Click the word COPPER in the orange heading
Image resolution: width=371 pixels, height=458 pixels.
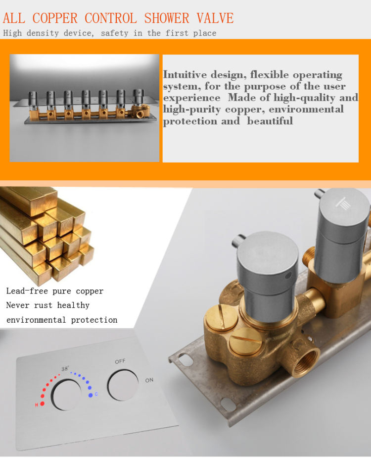coord(55,18)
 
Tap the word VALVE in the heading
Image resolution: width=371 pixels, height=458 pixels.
coord(215,18)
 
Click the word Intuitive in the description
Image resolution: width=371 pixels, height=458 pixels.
coord(185,74)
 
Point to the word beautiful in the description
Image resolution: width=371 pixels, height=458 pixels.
coord(270,120)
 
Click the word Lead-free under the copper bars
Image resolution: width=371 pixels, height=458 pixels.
coord(27,291)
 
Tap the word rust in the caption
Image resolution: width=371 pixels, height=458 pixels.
coord(43,305)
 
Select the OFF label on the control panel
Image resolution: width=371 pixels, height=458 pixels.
coord(120,362)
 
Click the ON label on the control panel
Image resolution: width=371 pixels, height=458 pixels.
coord(149,380)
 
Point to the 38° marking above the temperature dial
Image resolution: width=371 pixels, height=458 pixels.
coord(65,369)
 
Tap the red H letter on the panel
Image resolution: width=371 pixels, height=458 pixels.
coord(37,405)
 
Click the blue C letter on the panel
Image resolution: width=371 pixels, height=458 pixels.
coord(96,395)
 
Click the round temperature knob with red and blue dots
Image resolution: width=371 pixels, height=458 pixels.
coord(66,395)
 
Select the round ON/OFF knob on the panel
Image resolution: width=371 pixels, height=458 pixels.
coord(123,385)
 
